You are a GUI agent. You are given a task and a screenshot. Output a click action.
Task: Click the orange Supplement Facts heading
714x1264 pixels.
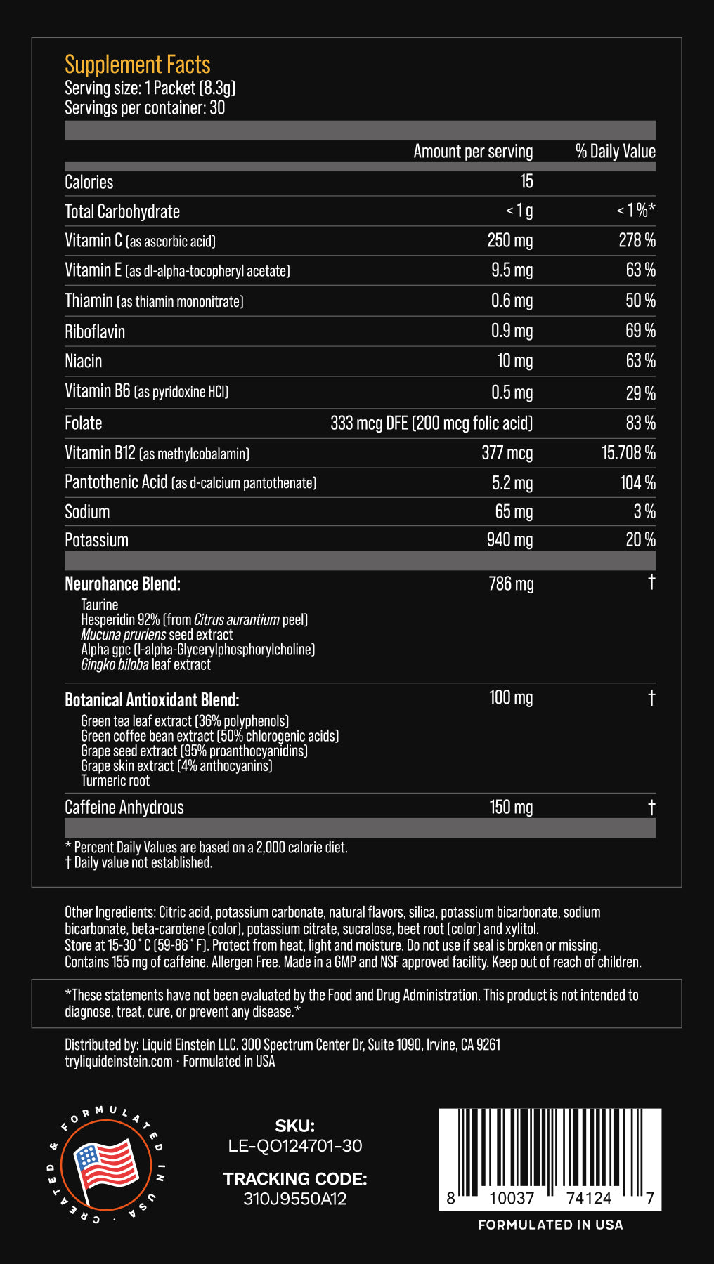138,65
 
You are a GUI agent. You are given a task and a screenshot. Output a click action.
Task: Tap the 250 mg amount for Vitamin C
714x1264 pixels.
509,240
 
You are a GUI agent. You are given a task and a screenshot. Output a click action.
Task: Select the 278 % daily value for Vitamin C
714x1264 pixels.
637,240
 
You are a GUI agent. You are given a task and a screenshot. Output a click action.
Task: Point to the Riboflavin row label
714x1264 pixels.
95,331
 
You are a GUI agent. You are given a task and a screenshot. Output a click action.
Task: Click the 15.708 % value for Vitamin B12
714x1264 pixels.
628,453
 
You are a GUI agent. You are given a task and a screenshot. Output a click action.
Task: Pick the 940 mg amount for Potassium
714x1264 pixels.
509,540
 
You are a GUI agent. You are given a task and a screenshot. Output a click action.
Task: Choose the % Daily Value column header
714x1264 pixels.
616,152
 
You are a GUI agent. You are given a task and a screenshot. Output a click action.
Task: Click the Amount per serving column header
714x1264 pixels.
473,152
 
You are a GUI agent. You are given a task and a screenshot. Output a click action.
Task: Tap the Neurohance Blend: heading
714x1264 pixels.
122,584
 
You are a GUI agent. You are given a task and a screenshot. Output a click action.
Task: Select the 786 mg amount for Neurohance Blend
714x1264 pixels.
511,584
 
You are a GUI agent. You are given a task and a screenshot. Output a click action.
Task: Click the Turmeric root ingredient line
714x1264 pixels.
115,781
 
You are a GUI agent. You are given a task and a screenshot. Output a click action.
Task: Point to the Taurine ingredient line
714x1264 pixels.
100,605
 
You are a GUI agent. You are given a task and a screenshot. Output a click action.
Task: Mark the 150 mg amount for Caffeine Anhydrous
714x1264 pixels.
511,808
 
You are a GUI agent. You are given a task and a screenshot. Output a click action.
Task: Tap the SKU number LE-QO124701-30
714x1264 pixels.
295,1146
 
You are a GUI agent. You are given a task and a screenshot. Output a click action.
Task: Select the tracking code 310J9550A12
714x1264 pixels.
295,1199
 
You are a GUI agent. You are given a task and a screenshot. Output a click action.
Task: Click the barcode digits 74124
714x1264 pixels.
589,1198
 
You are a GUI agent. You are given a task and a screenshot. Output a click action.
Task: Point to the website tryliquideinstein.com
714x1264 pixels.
119,1061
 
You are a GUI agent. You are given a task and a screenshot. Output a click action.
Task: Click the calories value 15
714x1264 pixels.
526,182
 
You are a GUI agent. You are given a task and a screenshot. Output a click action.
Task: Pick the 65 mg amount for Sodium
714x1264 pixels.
514,512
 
